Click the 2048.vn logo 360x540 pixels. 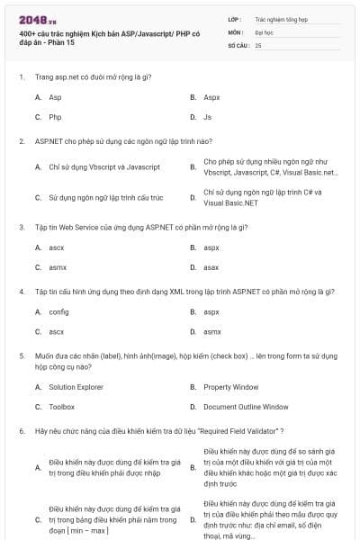[36, 20]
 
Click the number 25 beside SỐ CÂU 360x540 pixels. [258, 44]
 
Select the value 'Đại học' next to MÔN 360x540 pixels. [265, 31]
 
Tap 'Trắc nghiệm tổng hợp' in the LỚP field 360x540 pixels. [280, 18]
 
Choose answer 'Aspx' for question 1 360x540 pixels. [211, 96]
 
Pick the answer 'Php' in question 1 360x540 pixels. [55, 117]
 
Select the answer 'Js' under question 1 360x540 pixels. [207, 117]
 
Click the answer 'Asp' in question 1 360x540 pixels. [55, 96]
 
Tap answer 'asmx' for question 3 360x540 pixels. [58, 267]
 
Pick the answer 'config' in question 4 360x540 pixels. [58, 311]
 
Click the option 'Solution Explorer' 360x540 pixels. [76, 386]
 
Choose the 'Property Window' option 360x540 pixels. [231, 386]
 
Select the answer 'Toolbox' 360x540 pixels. [61, 407]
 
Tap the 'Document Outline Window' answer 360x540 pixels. [246, 407]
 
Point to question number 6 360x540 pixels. [21, 431]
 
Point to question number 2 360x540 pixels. [21, 141]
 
